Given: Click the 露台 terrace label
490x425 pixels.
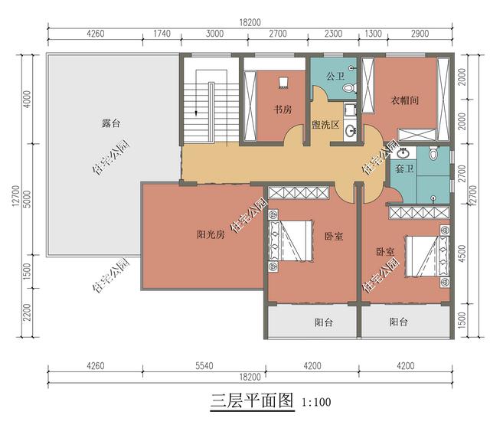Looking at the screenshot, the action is click(111, 123).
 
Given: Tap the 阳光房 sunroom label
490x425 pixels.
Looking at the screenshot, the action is click(211, 234).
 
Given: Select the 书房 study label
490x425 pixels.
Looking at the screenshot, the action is click(283, 109).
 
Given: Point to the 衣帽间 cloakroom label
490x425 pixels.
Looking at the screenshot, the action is click(405, 100).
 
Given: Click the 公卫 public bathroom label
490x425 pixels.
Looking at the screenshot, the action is click(335, 76).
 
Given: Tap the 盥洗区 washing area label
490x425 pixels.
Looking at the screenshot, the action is click(325, 125).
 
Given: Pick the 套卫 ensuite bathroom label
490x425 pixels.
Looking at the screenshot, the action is click(404, 169).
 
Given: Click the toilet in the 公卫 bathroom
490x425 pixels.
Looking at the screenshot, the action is click(350, 88).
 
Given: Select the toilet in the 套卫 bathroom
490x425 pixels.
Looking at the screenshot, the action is click(434, 153).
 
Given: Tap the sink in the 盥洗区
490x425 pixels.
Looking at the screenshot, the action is click(350, 130).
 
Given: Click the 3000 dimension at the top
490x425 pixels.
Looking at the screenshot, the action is click(214, 34).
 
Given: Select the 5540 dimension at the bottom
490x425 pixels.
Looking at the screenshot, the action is click(204, 365).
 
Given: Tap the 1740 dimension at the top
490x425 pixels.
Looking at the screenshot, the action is click(162, 34).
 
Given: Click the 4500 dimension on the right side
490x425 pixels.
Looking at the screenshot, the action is click(462, 253).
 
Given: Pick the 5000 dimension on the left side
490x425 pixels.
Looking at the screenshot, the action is click(28, 199).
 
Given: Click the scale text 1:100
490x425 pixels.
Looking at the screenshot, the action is click(316, 402).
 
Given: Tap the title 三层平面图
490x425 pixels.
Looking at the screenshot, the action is click(252, 400).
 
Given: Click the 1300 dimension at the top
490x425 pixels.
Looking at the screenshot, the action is click(373, 34).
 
